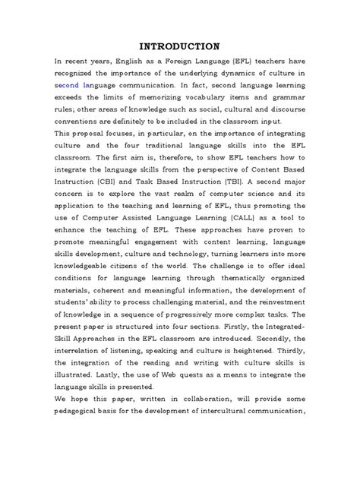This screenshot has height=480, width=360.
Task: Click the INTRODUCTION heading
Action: pyautogui.click(x=179, y=43)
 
